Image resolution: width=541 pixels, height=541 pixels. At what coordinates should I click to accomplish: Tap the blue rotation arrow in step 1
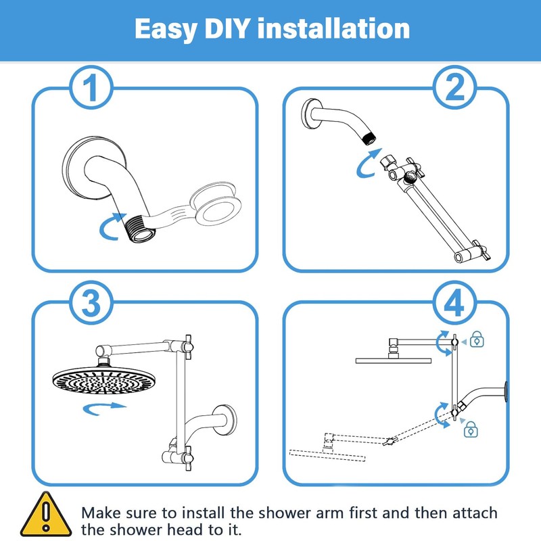tap(112, 227)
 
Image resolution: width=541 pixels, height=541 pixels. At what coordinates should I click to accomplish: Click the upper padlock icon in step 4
tap(477, 339)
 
